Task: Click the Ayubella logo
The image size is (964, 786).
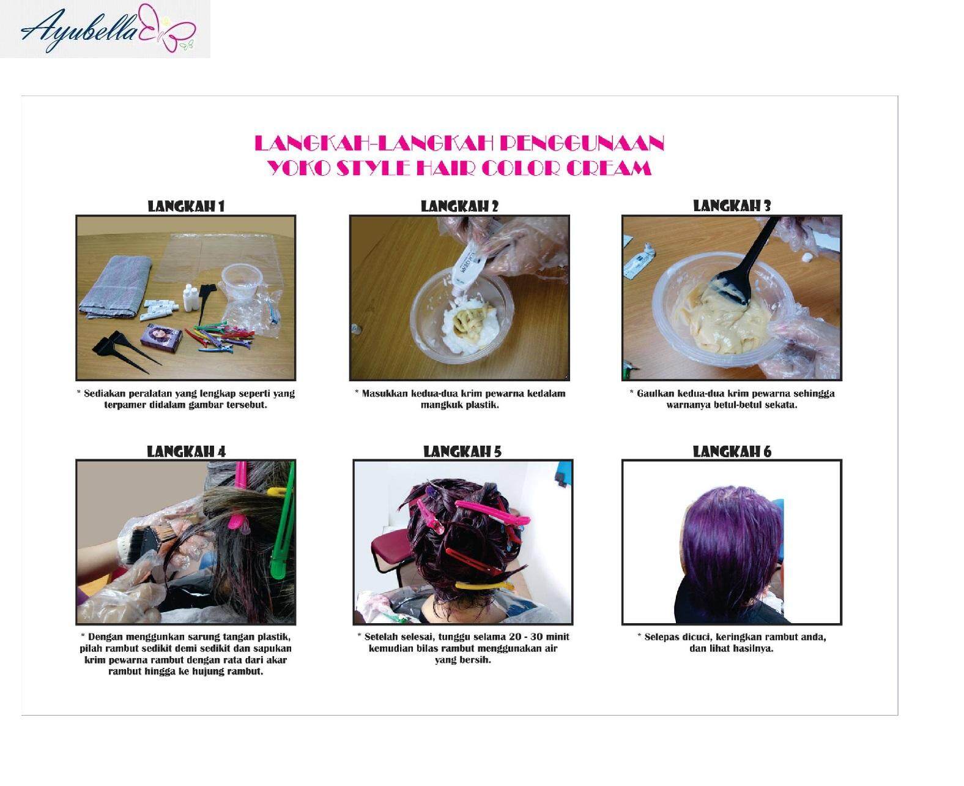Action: pyautogui.click(x=105, y=29)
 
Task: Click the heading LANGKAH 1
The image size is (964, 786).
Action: pyautogui.click(x=186, y=206)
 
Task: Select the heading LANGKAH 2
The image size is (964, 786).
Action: pyautogui.click(x=459, y=206)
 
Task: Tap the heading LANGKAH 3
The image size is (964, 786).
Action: pyautogui.click(x=732, y=206)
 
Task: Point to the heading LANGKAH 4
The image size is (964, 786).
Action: pyautogui.click(x=186, y=452)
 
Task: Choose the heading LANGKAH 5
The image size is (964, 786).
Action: pyautogui.click(x=462, y=452)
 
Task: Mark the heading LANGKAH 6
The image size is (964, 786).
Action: pyautogui.click(x=732, y=452)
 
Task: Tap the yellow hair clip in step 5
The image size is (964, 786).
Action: pyautogui.click(x=483, y=586)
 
